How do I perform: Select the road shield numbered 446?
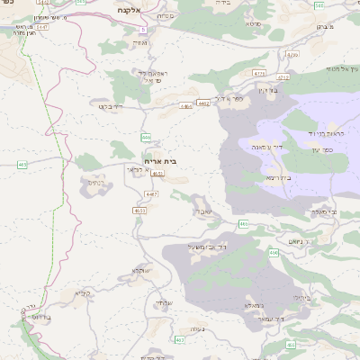146,137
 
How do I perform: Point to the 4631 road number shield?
157,174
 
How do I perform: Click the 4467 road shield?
151,193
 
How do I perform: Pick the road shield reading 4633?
139,211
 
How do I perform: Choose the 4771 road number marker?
259,74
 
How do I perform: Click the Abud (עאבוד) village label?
204,211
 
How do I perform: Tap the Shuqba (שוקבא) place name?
142,270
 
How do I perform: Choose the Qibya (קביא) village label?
83,293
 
